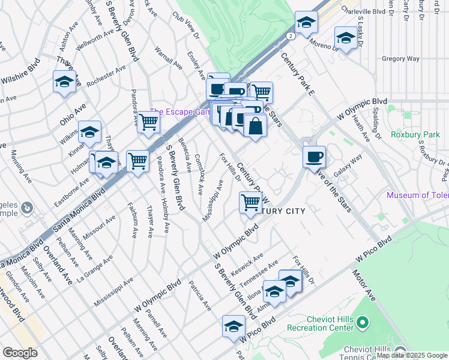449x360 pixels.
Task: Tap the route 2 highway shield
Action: (291, 36)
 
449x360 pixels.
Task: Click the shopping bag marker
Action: (255, 126)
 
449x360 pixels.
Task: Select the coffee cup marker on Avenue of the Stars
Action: (314, 157)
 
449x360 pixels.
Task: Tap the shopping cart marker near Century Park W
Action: (250, 202)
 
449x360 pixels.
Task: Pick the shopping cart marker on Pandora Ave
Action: (148, 122)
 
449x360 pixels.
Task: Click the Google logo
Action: (20, 353)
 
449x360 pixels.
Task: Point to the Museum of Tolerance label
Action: (418, 195)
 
